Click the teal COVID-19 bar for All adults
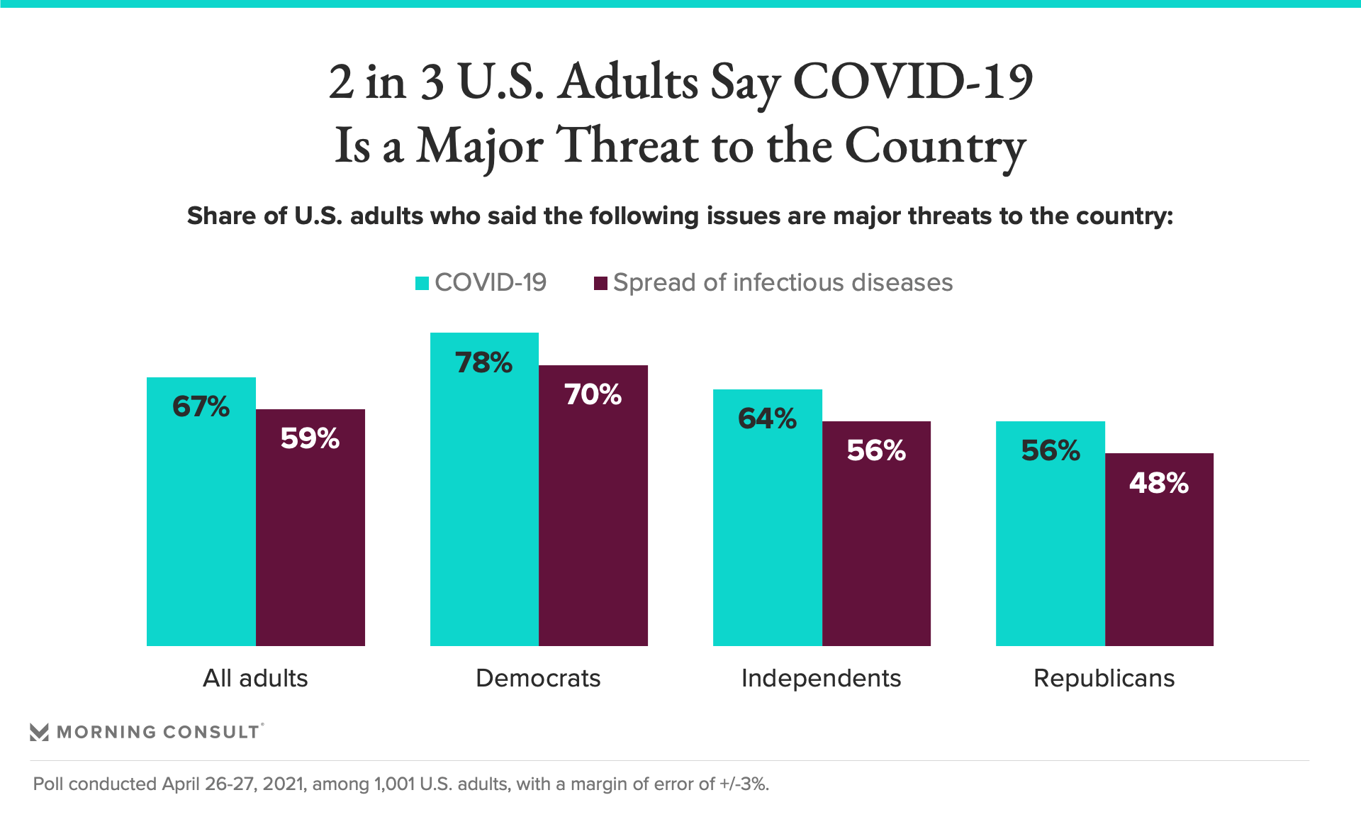tap(201, 525)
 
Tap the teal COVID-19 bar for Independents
tap(768, 532)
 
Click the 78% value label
tap(484, 363)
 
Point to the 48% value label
tap(1159, 484)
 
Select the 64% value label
tap(768, 419)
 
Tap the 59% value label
tap(310, 439)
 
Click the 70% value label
tap(593, 395)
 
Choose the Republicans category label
tap(1104, 679)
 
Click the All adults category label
tap(255, 679)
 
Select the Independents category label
tap(821, 679)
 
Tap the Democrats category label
tap(538, 679)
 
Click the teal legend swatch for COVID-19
tap(422, 284)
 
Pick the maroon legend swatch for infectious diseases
tap(600, 284)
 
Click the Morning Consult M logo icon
tap(40, 732)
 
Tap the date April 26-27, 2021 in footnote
tap(234, 784)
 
